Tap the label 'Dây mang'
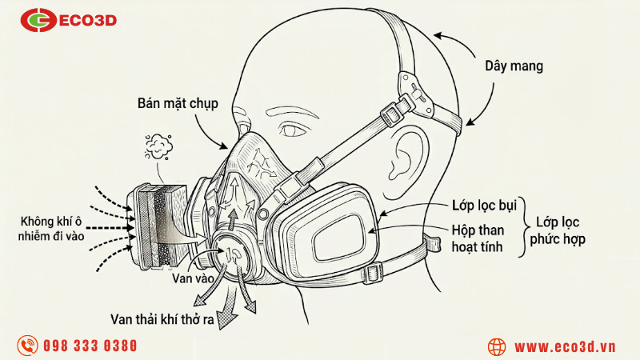coord(514,66)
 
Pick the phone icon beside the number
coord(29,346)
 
